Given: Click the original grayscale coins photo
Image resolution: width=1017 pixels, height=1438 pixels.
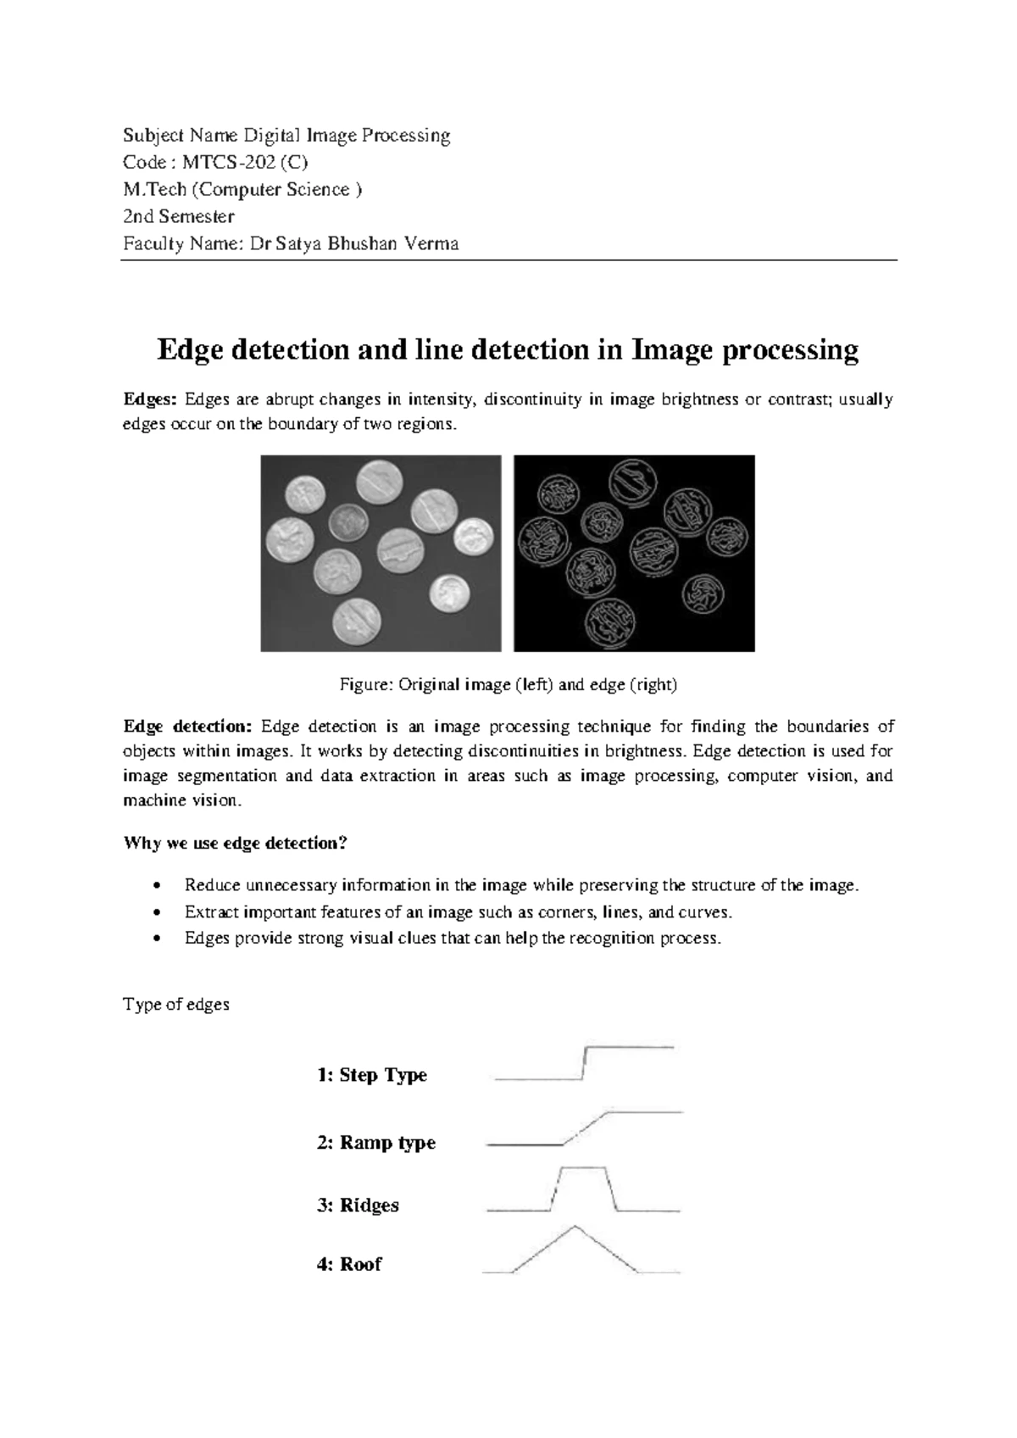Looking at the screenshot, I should [x=381, y=553].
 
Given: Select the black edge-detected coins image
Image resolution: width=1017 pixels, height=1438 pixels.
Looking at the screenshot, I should [x=634, y=553].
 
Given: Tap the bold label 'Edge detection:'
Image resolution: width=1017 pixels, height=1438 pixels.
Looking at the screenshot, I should [x=187, y=727].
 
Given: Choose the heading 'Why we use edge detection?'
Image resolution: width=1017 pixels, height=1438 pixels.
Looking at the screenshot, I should [x=236, y=843].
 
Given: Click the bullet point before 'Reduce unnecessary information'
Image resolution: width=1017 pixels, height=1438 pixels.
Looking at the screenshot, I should [x=155, y=887].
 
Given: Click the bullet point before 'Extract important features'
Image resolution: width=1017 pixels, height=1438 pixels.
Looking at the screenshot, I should [x=155, y=913].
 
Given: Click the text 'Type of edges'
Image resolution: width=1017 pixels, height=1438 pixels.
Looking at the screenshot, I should [x=176, y=1005].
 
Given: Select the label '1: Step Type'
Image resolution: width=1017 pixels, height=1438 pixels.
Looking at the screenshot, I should [x=371, y=1075].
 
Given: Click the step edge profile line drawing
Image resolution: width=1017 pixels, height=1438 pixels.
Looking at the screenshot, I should [x=584, y=1063].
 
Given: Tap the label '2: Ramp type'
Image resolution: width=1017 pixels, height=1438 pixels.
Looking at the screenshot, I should [x=375, y=1142].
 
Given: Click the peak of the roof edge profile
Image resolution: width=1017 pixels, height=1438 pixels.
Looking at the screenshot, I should [x=575, y=1226].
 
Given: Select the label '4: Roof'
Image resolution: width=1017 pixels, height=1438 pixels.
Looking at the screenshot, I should [x=348, y=1264].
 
